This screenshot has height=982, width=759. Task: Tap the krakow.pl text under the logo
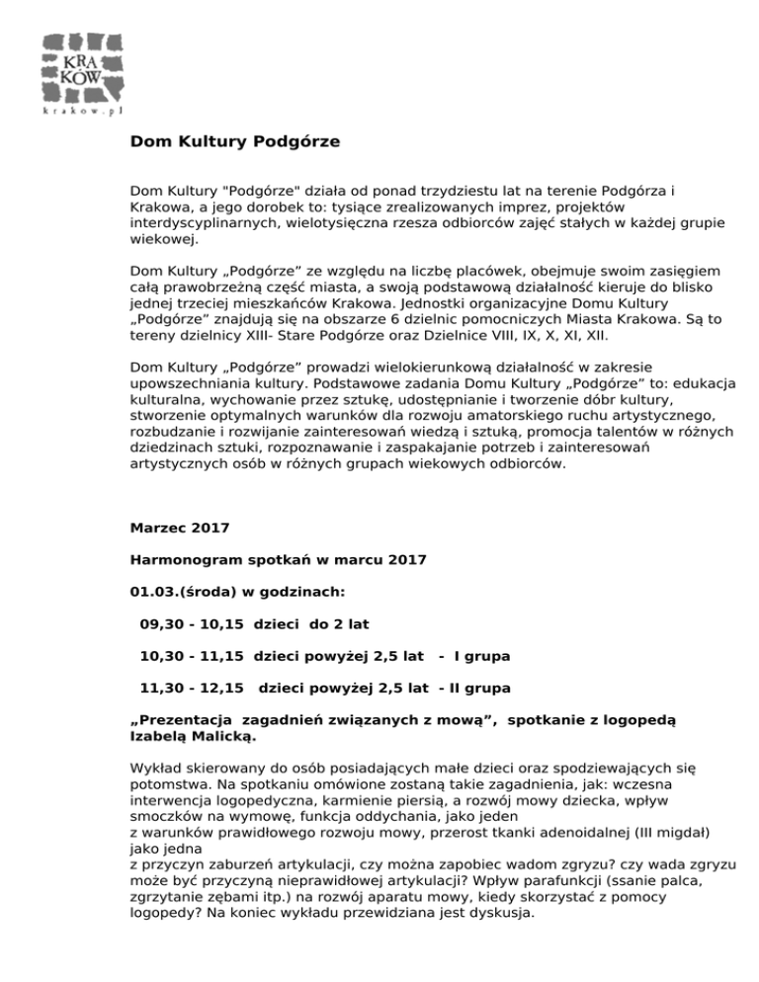click(83, 113)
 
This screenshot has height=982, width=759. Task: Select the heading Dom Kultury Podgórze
click(235, 141)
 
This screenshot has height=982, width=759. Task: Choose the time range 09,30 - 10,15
click(193, 624)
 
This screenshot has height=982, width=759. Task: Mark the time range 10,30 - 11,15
click(193, 656)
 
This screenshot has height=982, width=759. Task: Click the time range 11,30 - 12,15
click(193, 687)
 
